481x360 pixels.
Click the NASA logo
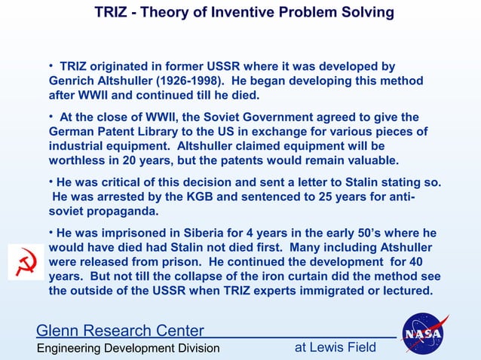424,332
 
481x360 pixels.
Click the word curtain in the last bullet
329,276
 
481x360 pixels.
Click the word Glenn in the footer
57,331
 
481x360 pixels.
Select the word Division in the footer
194,348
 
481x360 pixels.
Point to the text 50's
361,233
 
